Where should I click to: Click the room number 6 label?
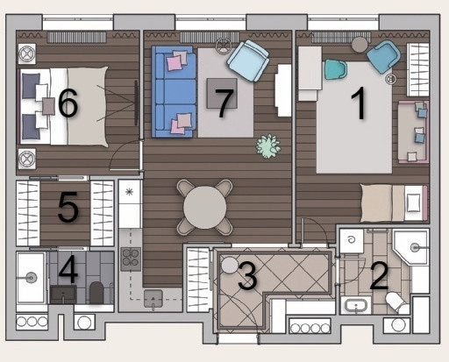[68, 103]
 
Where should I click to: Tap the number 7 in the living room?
[224, 103]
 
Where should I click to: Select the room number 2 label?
[379, 276]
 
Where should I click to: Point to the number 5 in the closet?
[68, 207]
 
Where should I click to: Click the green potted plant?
[268, 146]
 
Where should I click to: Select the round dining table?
[205, 207]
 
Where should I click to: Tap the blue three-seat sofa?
[174, 91]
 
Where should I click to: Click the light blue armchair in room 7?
[248, 60]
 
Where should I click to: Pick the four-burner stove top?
[131, 259]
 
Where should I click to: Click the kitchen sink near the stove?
[153, 298]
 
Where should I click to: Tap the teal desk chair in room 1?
[336, 69]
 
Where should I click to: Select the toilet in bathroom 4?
[96, 293]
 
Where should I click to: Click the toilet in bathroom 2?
[395, 302]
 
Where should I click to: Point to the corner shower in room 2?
[411, 248]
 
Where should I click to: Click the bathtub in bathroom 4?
[31, 278]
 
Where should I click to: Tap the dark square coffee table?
[222, 93]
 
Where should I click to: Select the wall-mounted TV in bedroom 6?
[136, 103]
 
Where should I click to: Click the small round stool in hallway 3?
[230, 266]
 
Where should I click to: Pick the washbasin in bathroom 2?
[356, 305]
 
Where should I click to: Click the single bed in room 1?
[394, 202]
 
